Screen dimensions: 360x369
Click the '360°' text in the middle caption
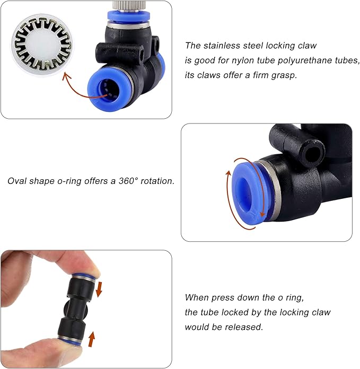(128, 181)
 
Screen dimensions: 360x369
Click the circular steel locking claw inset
(42, 44)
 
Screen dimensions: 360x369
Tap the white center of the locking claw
(41, 44)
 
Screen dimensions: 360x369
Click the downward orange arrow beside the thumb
(99, 289)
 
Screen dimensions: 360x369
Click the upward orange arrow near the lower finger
(91, 339)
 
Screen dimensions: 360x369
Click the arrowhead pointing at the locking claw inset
(66, 76)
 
